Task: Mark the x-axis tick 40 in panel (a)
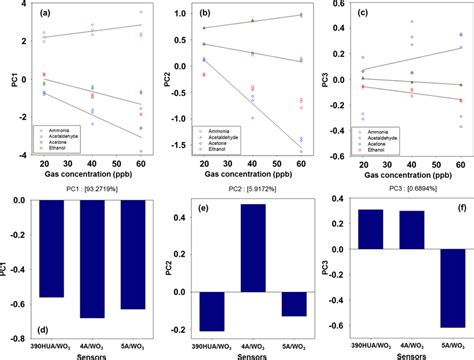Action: pos(92,164)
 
